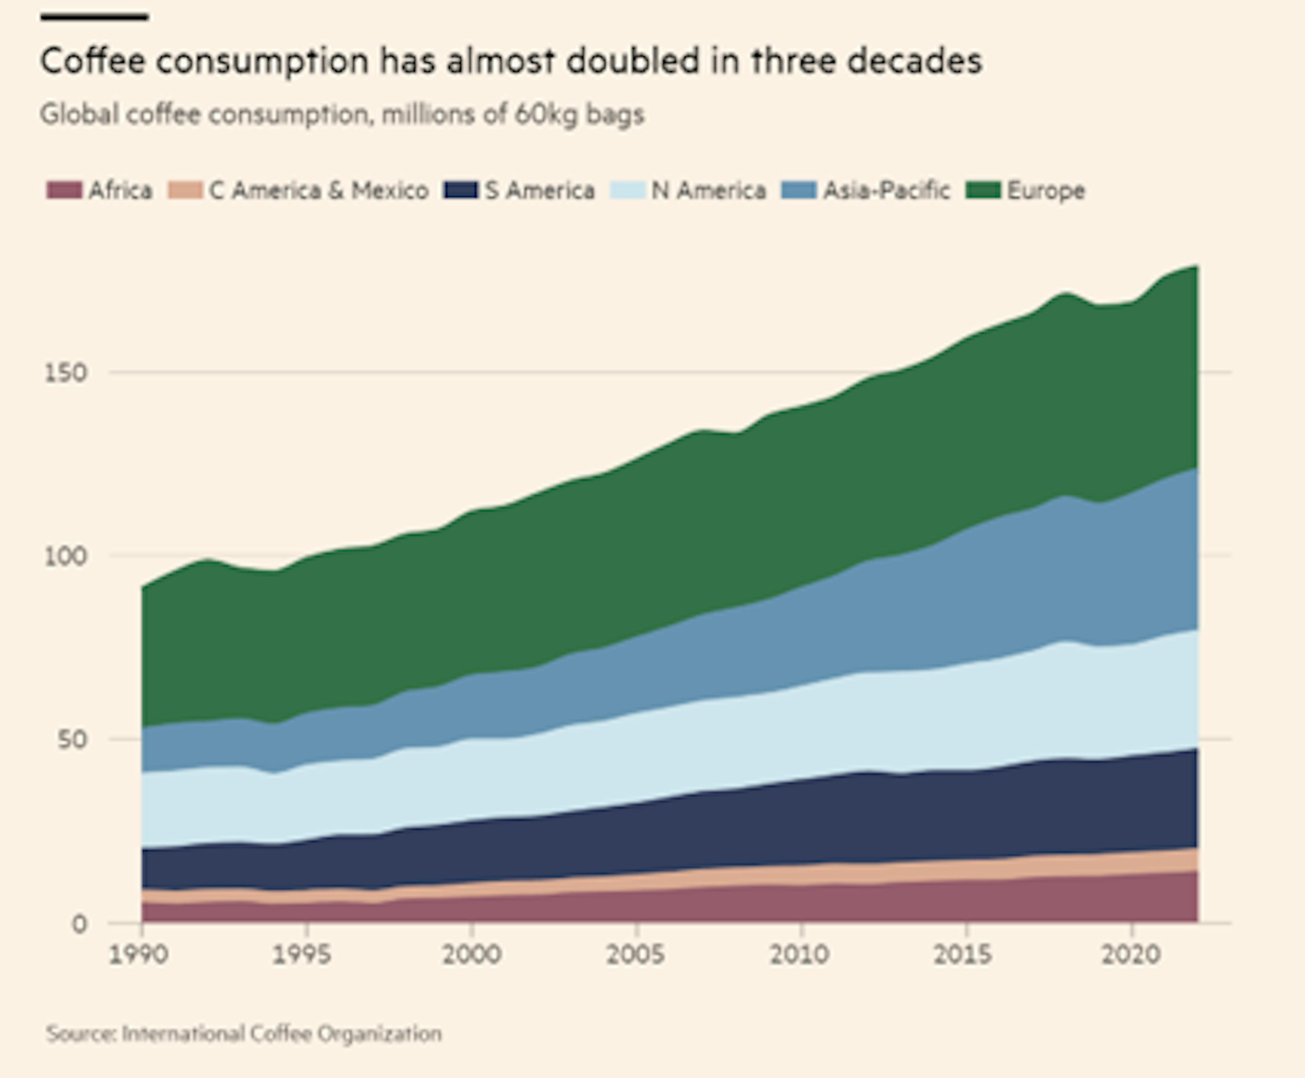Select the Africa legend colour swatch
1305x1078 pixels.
click(64, 190)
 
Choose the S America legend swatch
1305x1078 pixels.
click(461, 190)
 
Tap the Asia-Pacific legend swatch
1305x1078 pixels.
click(798, 190)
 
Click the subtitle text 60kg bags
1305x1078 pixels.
click(579, 114)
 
